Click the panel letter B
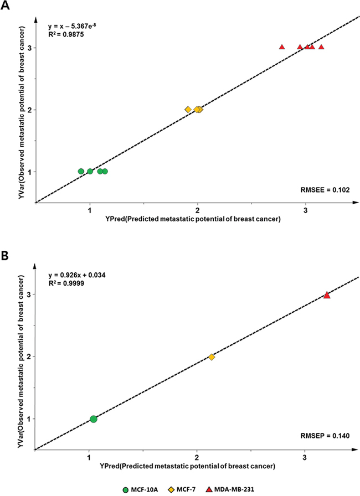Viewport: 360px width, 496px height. [x=5, y=256]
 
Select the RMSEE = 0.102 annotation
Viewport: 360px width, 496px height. [x=325, y=190]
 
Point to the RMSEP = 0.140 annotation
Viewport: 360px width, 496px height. [x=325, y=436]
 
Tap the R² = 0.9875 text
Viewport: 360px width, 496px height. [x=66, y=34]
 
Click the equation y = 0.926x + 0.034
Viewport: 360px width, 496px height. [x=76, y=275]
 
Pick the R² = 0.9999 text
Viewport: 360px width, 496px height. [x=66, y=283]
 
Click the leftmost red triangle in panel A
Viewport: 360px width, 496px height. [x=282, y=47]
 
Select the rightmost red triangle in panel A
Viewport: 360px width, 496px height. [x=321, y=47]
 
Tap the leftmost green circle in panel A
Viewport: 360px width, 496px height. [x=81, y=172]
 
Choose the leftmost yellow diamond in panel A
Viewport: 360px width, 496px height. [x=188, y=110]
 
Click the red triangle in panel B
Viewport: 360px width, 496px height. [x=327, y=295]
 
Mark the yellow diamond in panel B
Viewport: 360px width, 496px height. [x=212, y=357]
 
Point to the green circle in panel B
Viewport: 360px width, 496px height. [x=93, y=419]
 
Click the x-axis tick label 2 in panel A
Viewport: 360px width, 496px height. [x=197, y=210]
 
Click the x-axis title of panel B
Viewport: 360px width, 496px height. [x=187, y=466]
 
